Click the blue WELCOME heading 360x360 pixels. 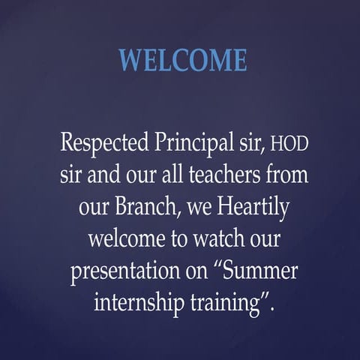click(x=183, y=60)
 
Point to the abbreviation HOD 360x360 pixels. click(x=289, y=142)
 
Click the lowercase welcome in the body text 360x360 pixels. click(x=123, y=238)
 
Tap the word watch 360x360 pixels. click(x=211, y=238)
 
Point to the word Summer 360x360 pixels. click(x=254, y=271)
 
